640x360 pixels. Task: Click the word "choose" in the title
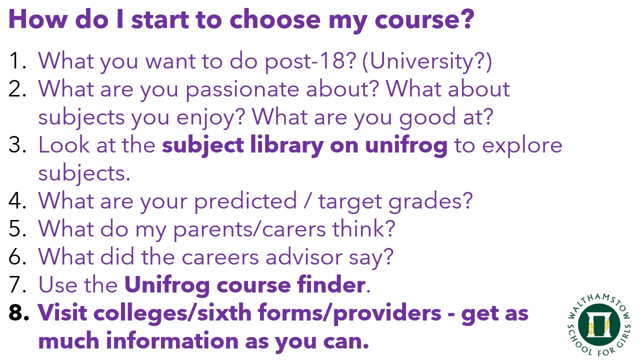(275, 19)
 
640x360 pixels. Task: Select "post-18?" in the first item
(310, 61)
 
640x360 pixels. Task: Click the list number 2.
(17, 88)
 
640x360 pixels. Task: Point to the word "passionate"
(242, 89)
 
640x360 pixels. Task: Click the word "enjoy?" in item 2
(210, 117)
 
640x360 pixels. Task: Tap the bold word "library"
(286, 145)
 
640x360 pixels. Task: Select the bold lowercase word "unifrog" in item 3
(406, 145)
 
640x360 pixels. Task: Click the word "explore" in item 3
(522, 145)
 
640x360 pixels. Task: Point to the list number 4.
(17, 200)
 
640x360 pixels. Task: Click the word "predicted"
(245, 201)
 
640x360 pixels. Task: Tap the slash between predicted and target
(307, 200)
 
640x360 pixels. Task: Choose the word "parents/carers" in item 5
(249, 229)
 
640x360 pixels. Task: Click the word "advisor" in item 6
(303, 256)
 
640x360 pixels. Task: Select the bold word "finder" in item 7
(331, 284)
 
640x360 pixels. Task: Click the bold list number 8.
(18, 312)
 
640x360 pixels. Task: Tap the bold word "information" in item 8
(172, 340)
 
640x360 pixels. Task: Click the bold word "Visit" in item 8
(62, 312)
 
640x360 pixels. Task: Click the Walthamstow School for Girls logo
(599, 325)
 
